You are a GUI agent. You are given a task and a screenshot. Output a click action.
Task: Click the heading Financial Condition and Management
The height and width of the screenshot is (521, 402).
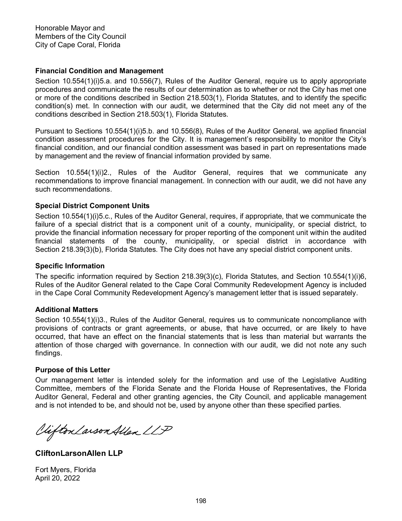[x=99, y=71]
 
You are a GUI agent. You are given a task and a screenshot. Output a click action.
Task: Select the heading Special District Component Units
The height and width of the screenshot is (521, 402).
[x=92, y=206]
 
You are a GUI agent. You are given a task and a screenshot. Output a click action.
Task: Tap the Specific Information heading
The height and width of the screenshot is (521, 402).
[x=70, y=266]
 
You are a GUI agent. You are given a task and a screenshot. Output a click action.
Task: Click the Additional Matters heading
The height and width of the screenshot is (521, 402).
[x=66, y=310]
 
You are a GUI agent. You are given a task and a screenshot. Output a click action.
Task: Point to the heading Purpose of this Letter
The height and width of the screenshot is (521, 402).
[x=73, y=370]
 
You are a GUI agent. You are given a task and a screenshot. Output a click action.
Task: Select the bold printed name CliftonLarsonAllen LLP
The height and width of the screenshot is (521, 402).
[x=79, y=453]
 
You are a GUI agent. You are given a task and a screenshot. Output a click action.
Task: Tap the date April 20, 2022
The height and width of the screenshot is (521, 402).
[x=57, y=478]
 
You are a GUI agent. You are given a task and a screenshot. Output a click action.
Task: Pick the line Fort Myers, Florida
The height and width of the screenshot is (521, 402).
[x=65, y=469]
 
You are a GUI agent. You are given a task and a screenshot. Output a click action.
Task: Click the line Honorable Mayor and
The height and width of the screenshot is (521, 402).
[x=70, y=28]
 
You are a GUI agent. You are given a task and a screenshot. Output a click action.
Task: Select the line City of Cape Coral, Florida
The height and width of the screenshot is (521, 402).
[x=77, y=45]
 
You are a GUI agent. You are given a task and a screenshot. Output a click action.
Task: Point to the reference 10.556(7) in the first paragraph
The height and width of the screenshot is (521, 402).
[x=146, y=81]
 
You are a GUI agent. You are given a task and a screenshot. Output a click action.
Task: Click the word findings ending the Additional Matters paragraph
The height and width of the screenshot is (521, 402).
[x=48, y=353]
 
